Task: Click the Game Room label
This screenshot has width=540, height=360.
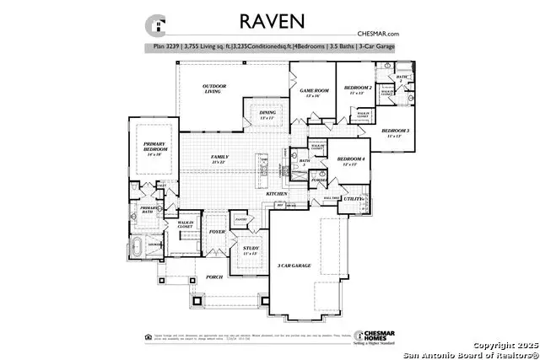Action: [x=312, y=92]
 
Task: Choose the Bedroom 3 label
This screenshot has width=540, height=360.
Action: [x=395, y=132]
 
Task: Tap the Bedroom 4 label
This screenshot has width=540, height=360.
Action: [x=350, y=160]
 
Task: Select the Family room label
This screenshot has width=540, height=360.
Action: [x=220, y=158]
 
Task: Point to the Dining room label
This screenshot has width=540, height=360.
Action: [x=267, y=115]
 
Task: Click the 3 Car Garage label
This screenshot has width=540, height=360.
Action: [x=294, y=266]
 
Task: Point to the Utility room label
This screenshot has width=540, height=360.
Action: [x=354, y=199]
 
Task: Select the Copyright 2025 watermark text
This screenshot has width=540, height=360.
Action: [x=504, y=346]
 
